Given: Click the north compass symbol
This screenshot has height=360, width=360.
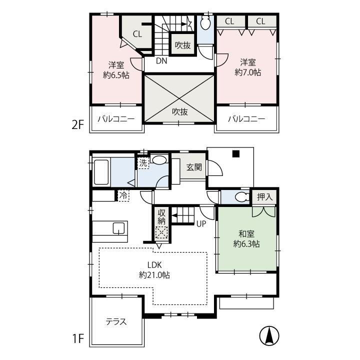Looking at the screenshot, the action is point(269,335).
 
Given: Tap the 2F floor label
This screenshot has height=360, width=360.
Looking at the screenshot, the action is point(78,125).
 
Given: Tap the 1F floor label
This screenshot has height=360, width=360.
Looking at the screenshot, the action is point(78,338).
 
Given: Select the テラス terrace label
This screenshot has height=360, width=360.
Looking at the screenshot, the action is point(116,321).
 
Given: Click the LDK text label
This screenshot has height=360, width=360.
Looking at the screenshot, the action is point(154,265).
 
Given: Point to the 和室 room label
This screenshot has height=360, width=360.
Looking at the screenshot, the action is point(246,234).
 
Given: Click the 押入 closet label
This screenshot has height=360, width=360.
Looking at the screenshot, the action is point(264,197).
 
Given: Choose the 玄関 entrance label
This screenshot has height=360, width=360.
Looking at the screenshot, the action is point(194,167).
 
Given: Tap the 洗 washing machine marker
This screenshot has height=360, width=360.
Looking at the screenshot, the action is point(143,163).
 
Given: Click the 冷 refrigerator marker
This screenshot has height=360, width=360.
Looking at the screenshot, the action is point(123,195).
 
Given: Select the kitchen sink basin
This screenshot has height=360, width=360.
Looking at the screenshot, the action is point(118,228).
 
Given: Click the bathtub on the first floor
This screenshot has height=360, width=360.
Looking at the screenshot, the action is point(101,172).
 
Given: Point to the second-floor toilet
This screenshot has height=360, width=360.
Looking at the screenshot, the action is point(205,23).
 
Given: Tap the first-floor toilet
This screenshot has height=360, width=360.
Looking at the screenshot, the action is point(241,197).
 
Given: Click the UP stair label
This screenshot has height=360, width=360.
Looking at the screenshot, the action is point(201,224).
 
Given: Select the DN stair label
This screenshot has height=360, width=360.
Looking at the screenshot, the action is point(161,61).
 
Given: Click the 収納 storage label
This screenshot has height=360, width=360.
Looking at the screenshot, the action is point(161,216).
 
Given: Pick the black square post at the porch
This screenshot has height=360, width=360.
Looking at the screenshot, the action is point(236,153).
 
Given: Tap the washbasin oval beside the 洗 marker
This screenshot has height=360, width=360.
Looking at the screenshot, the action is point(160,160).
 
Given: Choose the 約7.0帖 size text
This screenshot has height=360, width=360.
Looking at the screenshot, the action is point(248,72).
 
